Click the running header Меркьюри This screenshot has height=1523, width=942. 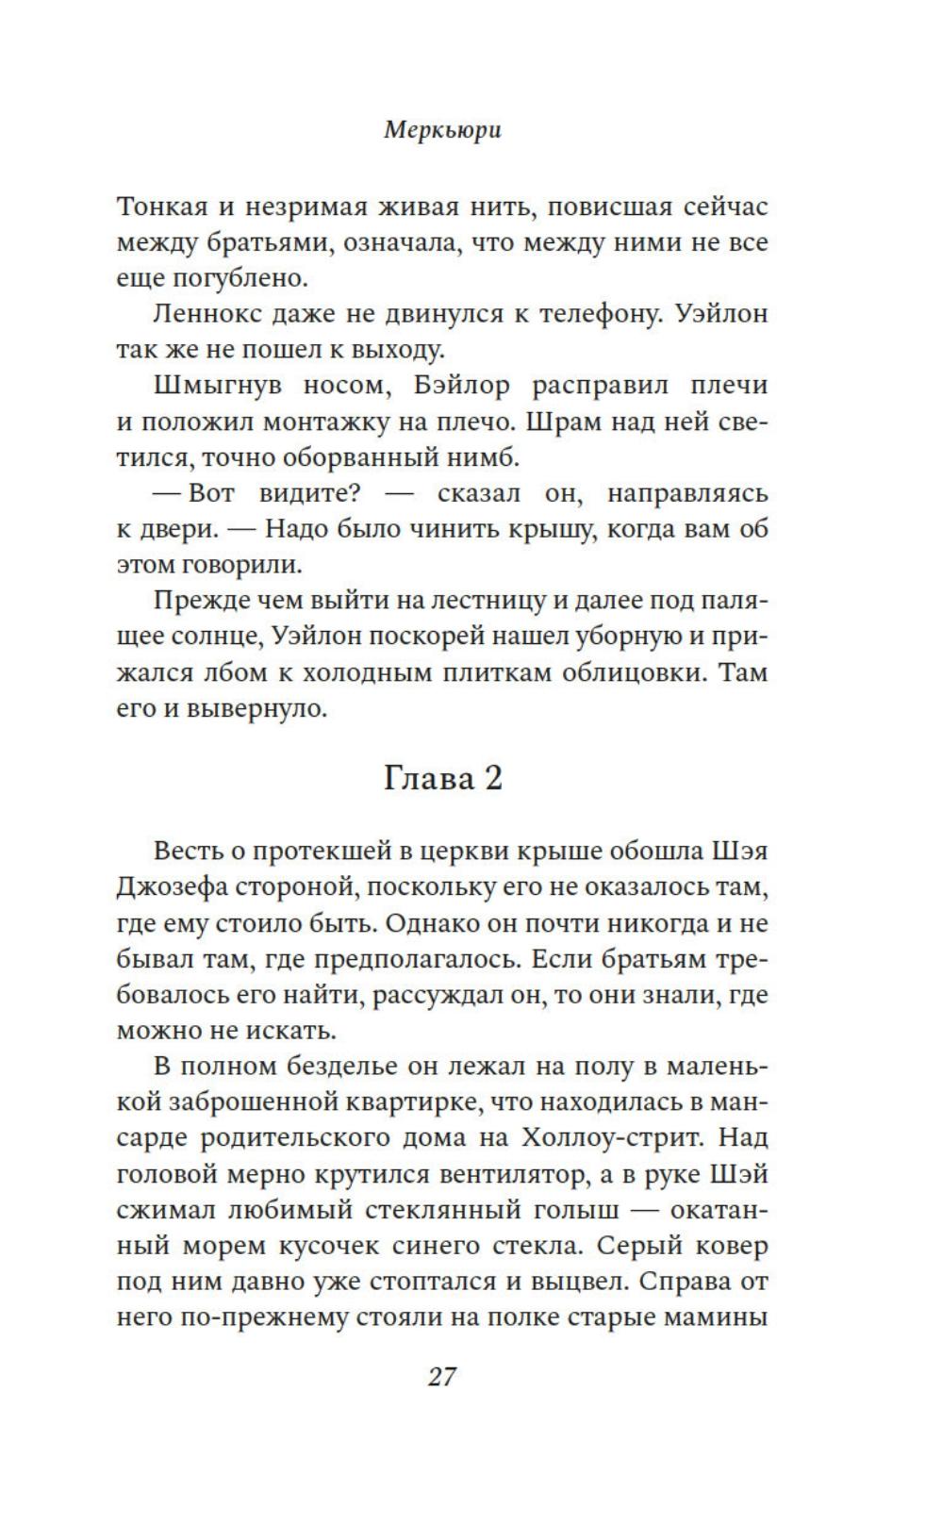point(442,130)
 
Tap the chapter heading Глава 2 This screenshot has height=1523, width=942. point(442,779)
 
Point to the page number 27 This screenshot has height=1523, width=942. point(442,1377)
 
